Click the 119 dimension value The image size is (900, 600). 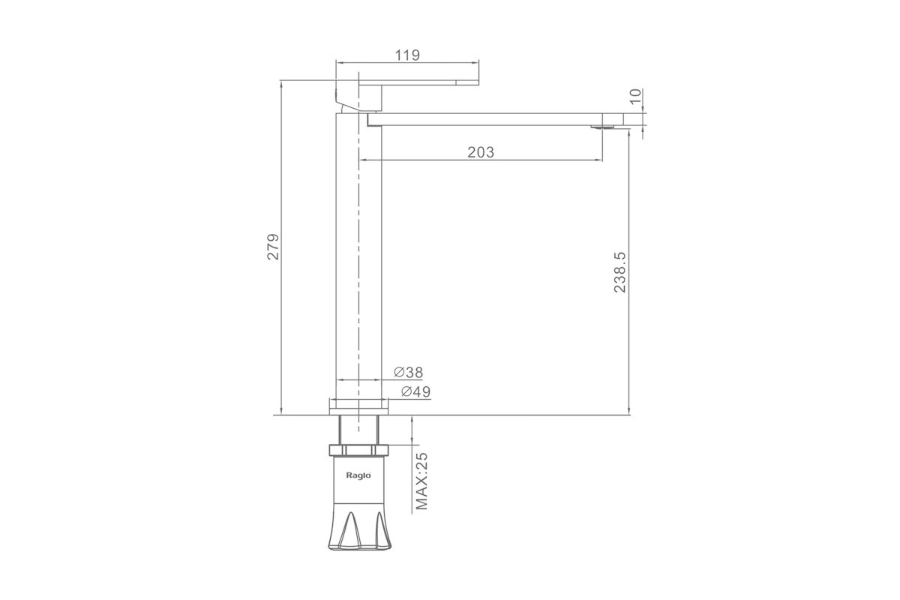tap(407, 55)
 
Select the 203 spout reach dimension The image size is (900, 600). tap(481, 152)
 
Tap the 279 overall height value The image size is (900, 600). tap(273, 247)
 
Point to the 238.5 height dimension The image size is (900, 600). tap(620, 272)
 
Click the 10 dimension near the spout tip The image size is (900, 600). tap(636, 97)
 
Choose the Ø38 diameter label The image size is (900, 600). tap(409, 373)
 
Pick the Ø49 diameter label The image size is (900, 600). tap(415, 391)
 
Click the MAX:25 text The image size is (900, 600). tap(421, 481)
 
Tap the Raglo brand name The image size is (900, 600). tap(358, 475)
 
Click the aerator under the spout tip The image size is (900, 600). tap(603, 127)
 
